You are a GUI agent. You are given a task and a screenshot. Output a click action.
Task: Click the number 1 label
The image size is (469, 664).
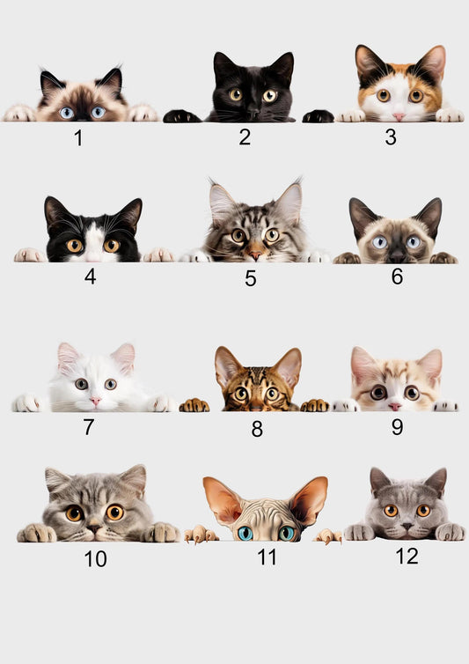point(78,138)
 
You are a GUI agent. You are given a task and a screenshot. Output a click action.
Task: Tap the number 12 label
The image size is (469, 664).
point(407,556)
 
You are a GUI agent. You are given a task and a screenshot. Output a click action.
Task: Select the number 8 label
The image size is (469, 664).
point(257,429)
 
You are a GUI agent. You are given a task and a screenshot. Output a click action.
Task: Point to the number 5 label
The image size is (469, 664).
point(251,279)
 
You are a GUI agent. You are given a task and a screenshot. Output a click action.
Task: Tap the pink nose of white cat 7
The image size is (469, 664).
point(95,402)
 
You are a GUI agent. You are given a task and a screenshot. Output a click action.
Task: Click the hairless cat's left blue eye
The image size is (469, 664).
point(245,533)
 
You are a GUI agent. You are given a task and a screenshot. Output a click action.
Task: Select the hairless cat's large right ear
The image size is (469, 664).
point(309,499)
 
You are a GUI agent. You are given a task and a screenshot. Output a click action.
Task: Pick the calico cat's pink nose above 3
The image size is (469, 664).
point(399,115)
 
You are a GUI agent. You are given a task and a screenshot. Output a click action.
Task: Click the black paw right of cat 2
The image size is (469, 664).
point(318,116)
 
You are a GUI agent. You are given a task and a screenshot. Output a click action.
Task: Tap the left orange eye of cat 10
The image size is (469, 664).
point(74,513)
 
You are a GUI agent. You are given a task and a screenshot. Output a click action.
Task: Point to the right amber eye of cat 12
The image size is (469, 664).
point(423,511)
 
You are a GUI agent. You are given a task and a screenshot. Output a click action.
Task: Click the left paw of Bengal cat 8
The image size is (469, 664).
point(194,405)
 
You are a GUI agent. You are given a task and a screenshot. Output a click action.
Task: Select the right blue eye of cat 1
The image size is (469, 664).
point(98,113)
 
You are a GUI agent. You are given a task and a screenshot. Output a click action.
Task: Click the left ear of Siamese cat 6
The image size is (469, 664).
point(361,215)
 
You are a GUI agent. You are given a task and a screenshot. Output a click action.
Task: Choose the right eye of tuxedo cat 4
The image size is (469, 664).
point(111,246)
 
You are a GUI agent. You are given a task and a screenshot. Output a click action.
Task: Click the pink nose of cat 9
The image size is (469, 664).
point(394,407)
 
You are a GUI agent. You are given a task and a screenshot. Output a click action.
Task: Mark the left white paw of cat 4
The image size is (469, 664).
point(29,255)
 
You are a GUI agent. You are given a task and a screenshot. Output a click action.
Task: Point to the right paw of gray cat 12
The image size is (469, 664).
point(449,532)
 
